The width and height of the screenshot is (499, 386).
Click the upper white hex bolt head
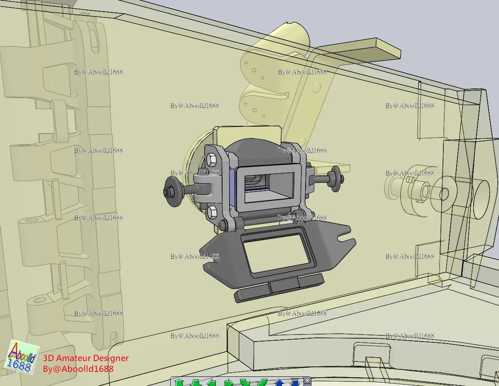[x=211, y=159]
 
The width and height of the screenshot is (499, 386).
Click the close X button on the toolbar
[x=307, y=380]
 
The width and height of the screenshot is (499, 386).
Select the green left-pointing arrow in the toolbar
[x=211, y=383]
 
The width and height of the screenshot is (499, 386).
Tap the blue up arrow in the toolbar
[x=279, y=383]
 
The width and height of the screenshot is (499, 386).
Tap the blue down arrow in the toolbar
[x=295, y=383]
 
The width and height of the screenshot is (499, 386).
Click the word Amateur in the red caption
[x=73, y=358]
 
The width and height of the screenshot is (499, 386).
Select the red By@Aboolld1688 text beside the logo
[x=78, y=369]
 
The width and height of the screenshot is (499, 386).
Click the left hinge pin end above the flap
[x=223, y=225]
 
